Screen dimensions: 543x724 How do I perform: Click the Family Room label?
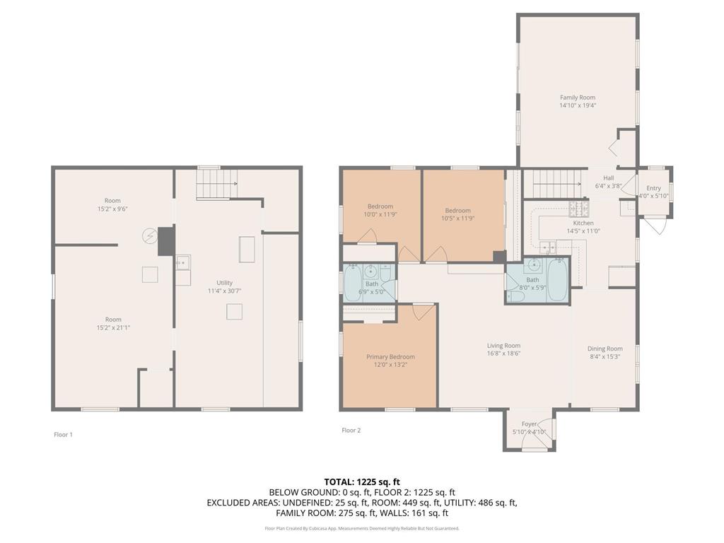[x=578, y=98]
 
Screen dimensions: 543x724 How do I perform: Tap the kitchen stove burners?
[x=578, y=209]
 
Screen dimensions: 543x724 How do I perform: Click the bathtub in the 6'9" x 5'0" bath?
[x=354, y=283]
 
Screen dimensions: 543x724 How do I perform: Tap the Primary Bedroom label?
[x=390, y=357]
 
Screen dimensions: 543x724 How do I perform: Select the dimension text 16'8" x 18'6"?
[x=503, y=354]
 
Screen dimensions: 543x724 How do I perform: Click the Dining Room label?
[x=605, y=349]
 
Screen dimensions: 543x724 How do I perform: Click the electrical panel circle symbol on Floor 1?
[x=150, y=235]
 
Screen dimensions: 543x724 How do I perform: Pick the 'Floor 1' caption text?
[x=63, y=435]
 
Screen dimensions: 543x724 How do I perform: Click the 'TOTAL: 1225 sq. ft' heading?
[x=362, y=481]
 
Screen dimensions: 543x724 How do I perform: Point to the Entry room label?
[x=653, y=188]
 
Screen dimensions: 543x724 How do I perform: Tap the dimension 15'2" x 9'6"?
[x=112, y=209]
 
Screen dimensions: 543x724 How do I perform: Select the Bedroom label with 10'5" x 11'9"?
[x=457, y=211]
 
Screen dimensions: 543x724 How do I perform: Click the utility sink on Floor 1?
[x=183, y=263]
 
